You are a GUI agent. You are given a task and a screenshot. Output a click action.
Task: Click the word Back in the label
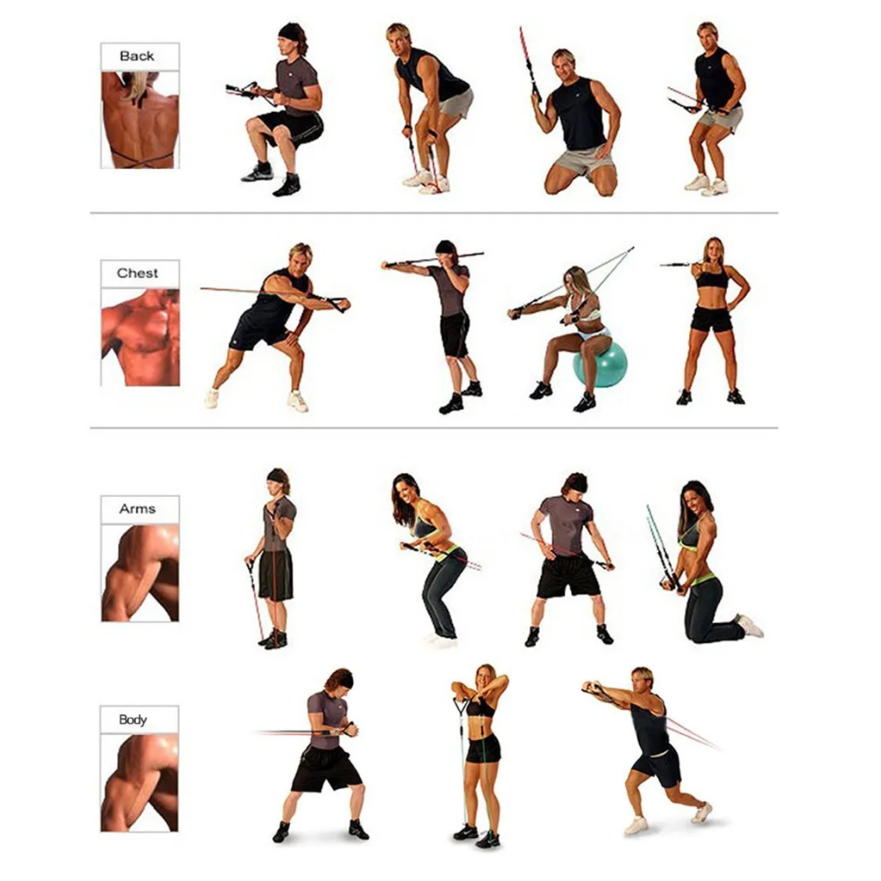click(137, 56)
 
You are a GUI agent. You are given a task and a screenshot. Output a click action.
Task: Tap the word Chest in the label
click(137, 273)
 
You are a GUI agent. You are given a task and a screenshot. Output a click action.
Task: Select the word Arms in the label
click(137, 509)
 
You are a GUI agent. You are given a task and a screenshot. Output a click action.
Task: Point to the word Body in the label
click(133, 720)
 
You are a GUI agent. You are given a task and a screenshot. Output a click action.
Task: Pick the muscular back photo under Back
click(140, 120)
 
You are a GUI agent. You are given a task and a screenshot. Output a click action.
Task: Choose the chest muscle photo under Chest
click(140, 337)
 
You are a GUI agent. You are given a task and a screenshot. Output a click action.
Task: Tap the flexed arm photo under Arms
click(140, 574)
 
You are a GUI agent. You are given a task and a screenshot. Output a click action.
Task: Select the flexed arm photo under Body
click(139, 783)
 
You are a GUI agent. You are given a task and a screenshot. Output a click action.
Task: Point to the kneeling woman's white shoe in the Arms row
click(750, 626)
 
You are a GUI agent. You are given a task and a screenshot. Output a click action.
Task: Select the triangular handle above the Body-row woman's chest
click(462, 707)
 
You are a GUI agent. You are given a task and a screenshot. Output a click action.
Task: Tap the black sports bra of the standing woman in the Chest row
click(713, 278)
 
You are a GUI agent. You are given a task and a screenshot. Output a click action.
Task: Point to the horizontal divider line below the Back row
click(433, 213)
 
